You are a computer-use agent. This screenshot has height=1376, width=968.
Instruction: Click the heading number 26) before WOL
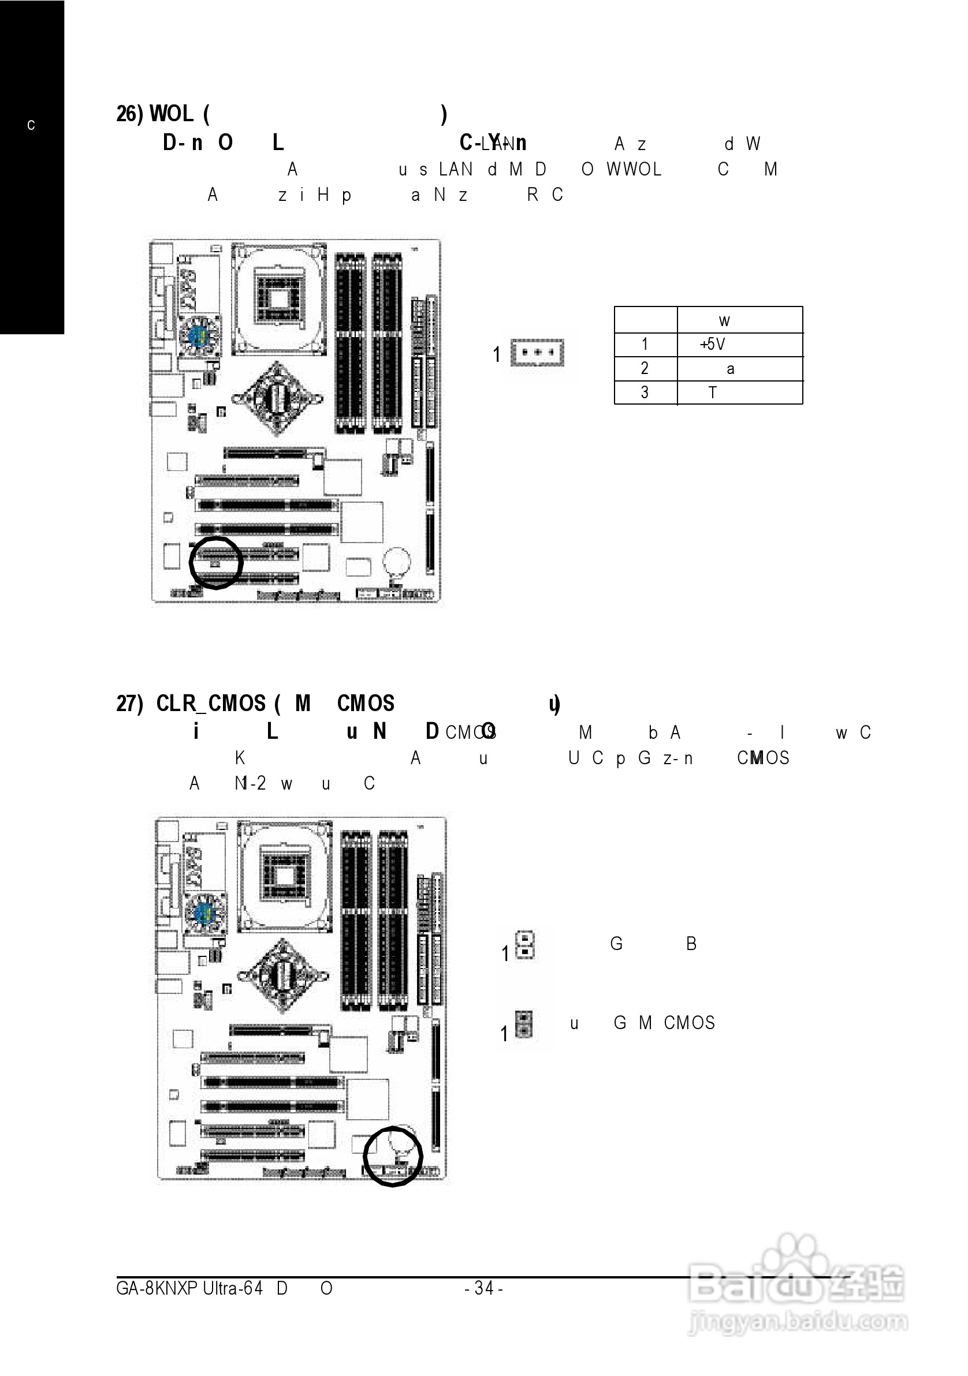[129, 113]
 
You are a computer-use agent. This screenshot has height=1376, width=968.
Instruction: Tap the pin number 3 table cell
[645, 392]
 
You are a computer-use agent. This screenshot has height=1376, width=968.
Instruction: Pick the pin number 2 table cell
[645, 369]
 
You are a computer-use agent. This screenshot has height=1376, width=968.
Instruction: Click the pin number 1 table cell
[645, 345]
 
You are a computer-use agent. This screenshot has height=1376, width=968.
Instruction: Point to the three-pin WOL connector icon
[537, 353]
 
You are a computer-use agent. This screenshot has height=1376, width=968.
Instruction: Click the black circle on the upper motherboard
[216, 563]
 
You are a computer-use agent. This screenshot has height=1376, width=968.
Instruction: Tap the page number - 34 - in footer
[484, 1288]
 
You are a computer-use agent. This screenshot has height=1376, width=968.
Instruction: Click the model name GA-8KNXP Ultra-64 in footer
[189, 1288]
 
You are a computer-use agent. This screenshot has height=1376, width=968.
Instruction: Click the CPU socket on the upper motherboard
[279, 298]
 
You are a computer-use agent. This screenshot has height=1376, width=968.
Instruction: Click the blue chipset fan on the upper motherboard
[199, 335]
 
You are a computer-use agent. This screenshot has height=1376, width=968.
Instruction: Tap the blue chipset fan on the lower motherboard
[204, 914]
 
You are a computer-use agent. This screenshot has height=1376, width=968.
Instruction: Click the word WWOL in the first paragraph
[634, 170]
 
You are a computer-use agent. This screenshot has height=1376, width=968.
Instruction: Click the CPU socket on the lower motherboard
[285, 877]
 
